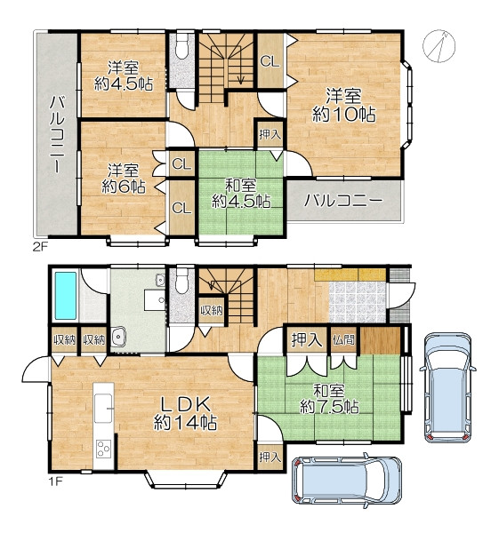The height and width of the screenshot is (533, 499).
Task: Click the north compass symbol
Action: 439,46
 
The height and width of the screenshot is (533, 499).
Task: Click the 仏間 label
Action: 344,339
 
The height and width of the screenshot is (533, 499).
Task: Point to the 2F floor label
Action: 40,246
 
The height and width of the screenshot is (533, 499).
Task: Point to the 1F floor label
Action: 55,481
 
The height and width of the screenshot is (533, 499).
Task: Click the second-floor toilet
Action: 182,46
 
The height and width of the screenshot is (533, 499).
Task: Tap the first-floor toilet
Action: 182,281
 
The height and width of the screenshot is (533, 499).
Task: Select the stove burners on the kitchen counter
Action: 103,449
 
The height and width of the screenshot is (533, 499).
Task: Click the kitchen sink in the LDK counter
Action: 103,408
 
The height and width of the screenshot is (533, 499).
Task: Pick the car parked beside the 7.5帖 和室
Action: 447,387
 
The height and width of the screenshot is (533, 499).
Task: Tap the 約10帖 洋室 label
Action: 344,106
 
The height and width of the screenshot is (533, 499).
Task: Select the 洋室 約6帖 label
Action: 124,179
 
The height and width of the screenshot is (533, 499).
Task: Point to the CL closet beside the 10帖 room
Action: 270,61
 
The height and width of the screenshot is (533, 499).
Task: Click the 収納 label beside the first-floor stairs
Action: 212,310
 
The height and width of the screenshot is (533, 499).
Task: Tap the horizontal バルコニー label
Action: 344,201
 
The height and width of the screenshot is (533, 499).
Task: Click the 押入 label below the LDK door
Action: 270,457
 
